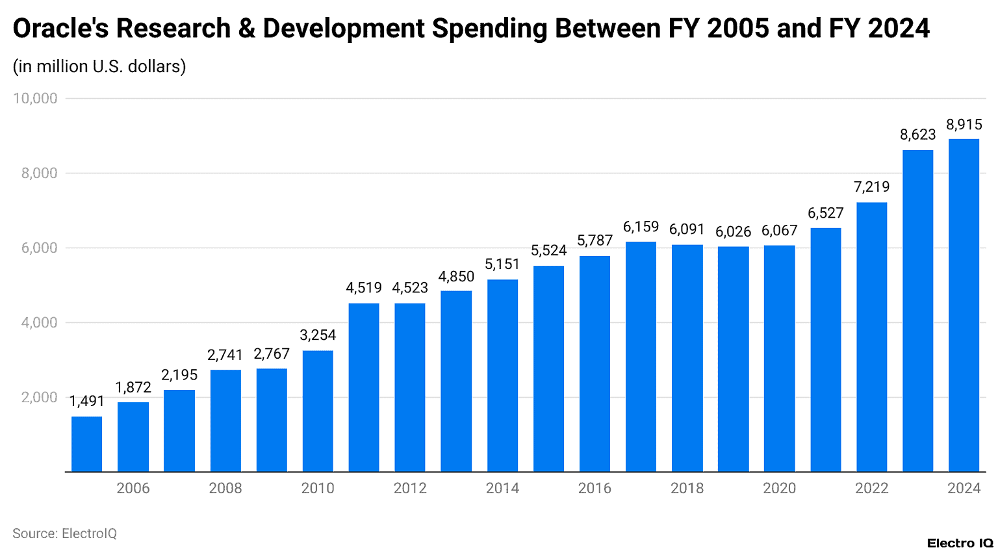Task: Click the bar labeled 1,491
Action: coord(86,444)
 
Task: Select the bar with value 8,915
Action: coord(964,305)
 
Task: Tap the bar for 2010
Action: coord(318,411)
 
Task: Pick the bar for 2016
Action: coord(595,364)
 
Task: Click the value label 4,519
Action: coord(364,288)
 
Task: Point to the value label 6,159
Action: coord(641,227)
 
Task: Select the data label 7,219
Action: coord(871,187)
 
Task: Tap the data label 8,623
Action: coord(917,135)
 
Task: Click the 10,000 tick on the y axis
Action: coord(35,99)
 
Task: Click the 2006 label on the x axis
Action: coord(133,489)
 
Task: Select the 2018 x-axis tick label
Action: coord(687,489)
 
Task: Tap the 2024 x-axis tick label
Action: coord(964,489)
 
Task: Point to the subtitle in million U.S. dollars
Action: coord(99,66)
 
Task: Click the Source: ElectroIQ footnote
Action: coord(64,534)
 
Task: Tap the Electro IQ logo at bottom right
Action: coord(960,543)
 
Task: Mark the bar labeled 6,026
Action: coord(733,359)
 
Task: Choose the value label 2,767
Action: coord(272,354)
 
